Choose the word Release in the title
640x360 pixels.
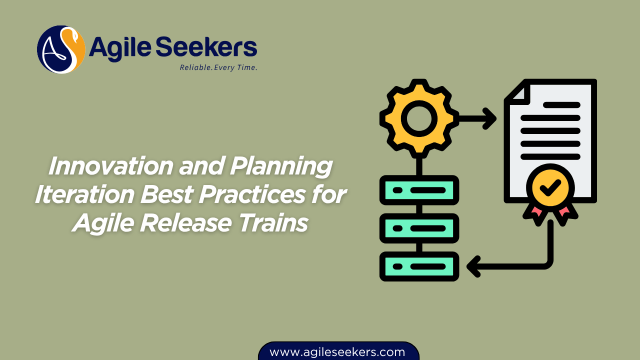(184, 222)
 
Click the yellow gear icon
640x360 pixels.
(419, 118)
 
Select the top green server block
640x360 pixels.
(419, 190)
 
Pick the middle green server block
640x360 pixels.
(419, 228)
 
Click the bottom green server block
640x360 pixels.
(419, 266)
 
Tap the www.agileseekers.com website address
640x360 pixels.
(337, 352)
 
